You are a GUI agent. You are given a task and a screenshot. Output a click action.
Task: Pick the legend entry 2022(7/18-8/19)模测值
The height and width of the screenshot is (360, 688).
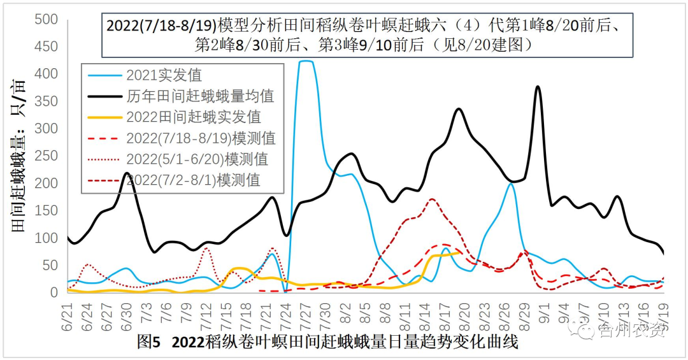(201, 138)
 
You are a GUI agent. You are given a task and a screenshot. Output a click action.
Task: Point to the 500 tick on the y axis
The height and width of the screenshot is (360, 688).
(47, 20)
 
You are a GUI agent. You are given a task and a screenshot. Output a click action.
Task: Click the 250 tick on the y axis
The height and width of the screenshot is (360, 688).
(47, 156)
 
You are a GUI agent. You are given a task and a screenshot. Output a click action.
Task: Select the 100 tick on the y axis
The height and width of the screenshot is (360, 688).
(47, 238)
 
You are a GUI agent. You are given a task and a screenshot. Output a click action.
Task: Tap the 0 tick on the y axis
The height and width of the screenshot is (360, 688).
(54, 293)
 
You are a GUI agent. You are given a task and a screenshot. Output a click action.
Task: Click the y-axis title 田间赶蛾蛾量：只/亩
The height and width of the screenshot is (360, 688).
(19, 156)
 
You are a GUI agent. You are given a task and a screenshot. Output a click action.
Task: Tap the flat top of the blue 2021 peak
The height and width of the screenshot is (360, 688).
(306, 62)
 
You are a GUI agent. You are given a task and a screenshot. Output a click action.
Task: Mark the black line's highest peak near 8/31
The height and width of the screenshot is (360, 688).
(538, 87)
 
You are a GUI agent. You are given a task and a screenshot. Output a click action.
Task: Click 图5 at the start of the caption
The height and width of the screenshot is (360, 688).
(148, 343)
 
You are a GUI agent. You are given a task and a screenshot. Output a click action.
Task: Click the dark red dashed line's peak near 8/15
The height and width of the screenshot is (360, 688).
(432, 199)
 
